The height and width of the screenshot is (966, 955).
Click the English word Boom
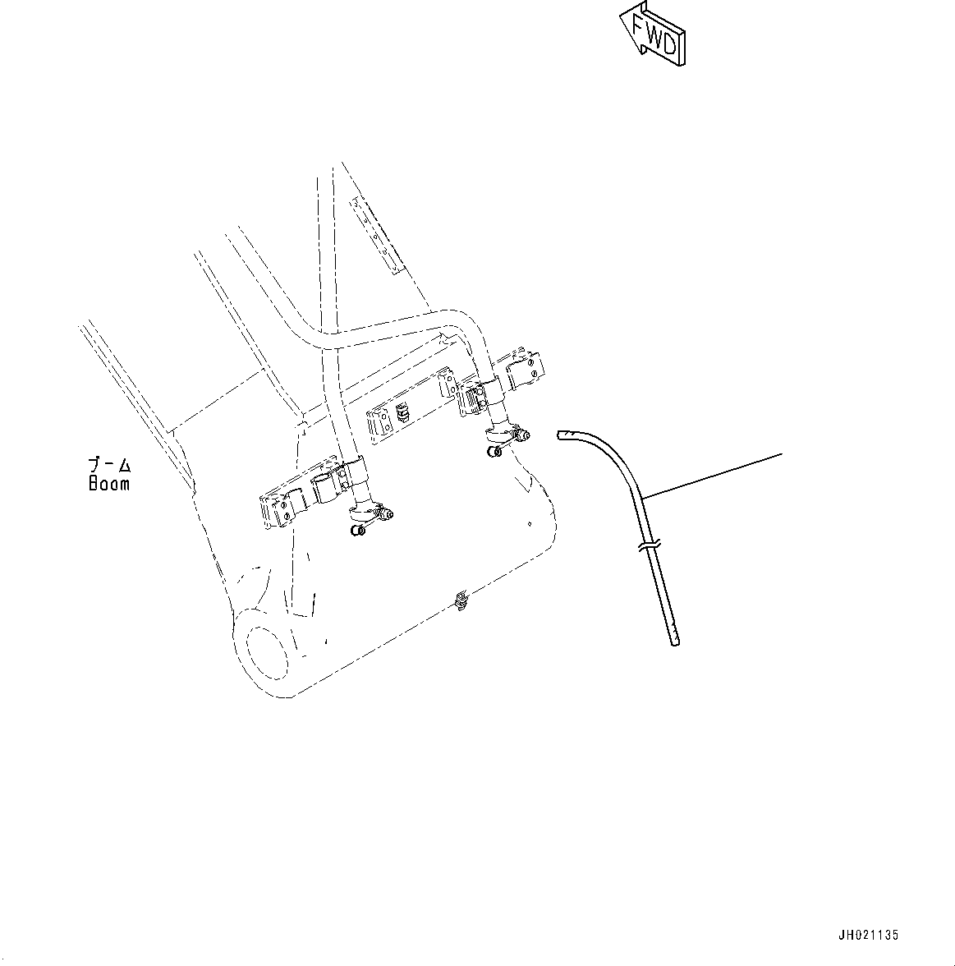109,484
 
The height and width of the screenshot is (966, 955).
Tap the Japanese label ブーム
109,466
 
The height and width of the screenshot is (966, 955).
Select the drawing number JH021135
868,935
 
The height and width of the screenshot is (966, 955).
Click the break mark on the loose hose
648,545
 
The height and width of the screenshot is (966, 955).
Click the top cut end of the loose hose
562,435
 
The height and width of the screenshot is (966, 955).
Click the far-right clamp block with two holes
527,370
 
